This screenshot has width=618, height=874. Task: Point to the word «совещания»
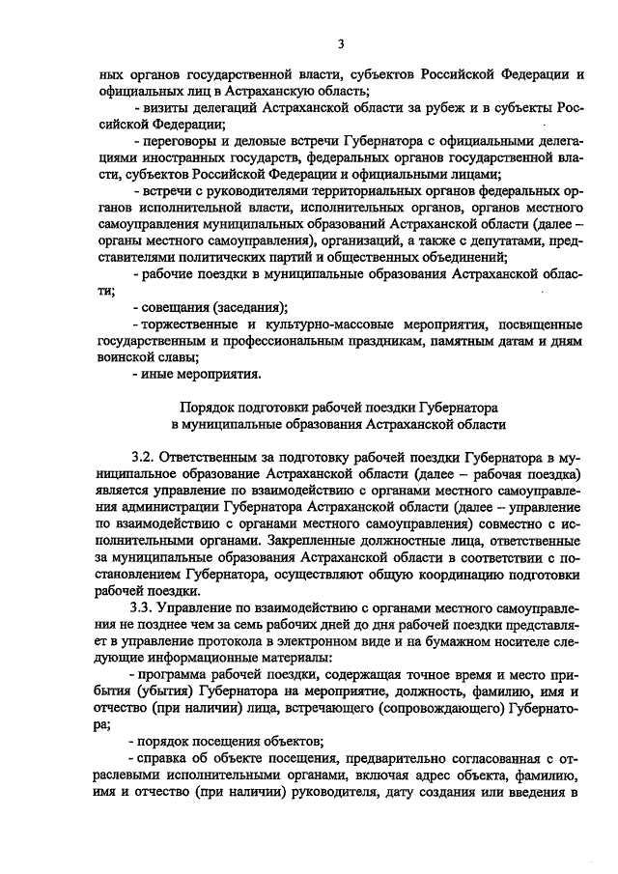[x=166, y=308]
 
